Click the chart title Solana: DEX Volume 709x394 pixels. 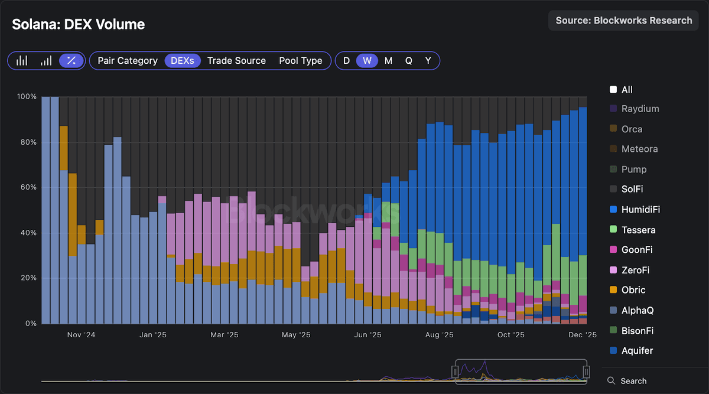tap(79, 24)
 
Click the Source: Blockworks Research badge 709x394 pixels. tap(623, 21)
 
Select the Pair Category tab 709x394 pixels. tap(128, 61)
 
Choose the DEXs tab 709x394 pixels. tap(183, 61)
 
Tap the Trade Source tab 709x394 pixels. tap(236, 61)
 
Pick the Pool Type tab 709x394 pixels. tap(301, 61)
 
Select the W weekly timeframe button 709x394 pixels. tap(367, 61)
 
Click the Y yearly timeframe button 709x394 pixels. tap(428, 61)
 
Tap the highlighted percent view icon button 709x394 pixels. tap(71, 61)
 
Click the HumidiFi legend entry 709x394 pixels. tap(640, 210)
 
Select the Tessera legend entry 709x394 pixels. tap(638, 230)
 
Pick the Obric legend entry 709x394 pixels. tap(633, 290)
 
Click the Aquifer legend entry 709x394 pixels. tap(637, 350)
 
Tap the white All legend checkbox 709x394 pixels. tap(613, 90)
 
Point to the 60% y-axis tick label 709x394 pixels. tap(27, 188)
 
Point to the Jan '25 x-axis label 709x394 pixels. tap(153, 335)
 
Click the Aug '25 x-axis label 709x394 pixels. tap(439, 335)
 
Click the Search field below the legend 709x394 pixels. tap(633, 381)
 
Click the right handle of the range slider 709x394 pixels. tap(587, 372)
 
